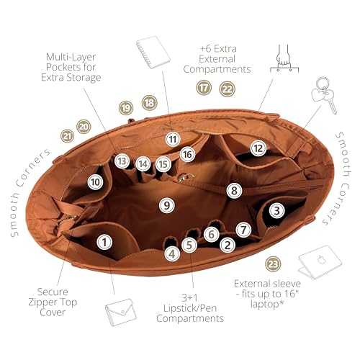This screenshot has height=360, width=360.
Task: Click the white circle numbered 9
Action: [x=167, y=205]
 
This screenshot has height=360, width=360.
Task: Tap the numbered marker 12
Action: [x=258, y=148]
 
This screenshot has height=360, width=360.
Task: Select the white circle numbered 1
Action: [x=104, y=242]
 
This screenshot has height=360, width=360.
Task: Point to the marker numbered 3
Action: [x=277, y=210]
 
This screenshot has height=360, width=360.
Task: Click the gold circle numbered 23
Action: [x=273, y=264]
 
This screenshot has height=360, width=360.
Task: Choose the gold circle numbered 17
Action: [x=204, y=88]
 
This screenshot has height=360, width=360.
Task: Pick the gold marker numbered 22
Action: [x=227, y=89]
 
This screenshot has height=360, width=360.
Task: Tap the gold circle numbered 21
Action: [x=67, y=136]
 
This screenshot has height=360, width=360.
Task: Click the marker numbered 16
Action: [x=187, y=154]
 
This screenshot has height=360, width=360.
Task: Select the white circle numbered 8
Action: [x=234, y=191]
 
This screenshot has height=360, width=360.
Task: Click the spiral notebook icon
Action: [x=153, y=52]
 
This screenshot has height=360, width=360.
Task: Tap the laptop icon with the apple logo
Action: [x=320, y=262]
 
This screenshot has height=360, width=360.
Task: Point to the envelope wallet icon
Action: [x=121, y=312]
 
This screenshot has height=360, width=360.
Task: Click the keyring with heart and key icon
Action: [x=324, y=95]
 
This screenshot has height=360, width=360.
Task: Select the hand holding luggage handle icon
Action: [x=284, y=58]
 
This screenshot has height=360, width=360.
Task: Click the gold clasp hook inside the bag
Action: [x=185, y=177]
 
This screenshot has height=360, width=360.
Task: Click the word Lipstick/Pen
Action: [x=190, y=308]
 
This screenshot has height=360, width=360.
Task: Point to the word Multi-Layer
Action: [x=71, y=57]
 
